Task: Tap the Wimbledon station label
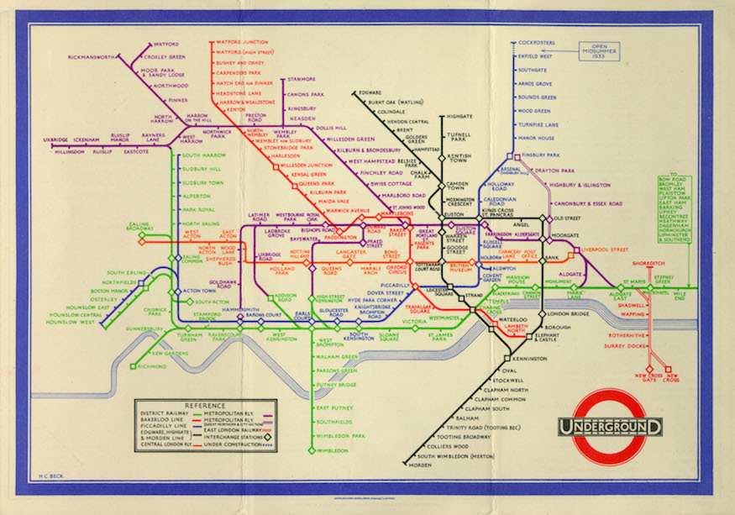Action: [x=333, y=450]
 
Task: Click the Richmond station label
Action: [x=153, y=365]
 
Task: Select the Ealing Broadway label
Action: [x=140, y=225]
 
